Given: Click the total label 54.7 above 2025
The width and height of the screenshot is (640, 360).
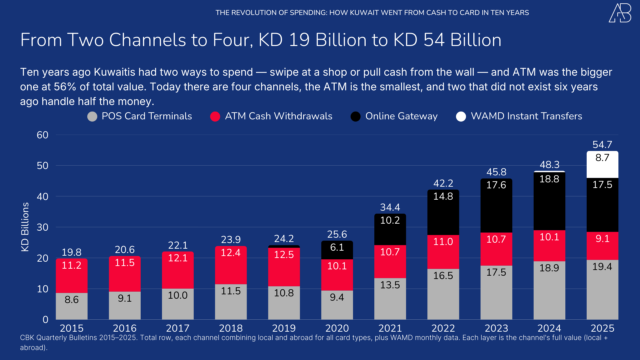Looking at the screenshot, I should [602, 145].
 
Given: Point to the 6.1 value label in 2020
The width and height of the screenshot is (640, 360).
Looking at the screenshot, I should [337, 247].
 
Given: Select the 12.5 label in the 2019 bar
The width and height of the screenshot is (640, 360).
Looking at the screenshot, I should [284, 255].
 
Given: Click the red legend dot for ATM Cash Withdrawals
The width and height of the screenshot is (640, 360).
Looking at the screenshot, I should [215, 116].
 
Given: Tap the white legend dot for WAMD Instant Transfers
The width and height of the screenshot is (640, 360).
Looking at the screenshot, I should [461, 116].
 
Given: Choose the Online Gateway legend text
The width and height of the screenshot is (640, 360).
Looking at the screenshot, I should [401, 116].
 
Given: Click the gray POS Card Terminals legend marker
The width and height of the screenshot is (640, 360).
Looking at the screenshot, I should [92, 116].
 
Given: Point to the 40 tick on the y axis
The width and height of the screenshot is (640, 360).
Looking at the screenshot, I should [43, 197].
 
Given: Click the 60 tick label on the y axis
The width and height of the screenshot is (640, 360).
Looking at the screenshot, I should [43, 135].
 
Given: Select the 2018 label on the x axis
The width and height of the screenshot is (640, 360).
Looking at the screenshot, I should [231, 328].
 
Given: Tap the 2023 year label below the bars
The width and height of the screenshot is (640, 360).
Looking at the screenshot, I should [496, 328].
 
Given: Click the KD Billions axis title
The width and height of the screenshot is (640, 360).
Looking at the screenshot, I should [25, 227].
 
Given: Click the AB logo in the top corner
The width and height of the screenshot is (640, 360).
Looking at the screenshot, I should [620, 13].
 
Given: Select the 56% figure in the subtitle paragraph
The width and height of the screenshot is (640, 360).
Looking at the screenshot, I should [65, 87].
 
